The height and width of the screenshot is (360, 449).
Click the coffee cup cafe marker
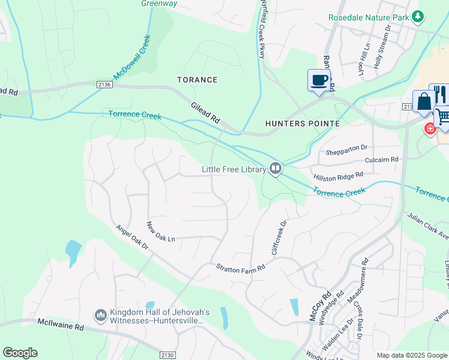coord(319,80)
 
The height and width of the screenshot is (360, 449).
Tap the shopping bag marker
coord(424,101)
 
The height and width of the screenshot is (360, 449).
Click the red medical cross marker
coord(430,128)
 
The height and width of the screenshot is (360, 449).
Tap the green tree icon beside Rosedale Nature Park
coord(419,17)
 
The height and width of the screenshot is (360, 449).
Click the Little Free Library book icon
coord(276,169)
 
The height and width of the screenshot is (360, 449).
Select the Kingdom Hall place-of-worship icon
coord(100,315)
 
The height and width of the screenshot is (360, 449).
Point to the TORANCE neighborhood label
coord(197,80)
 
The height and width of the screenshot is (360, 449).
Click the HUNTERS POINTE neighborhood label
coord(303,124)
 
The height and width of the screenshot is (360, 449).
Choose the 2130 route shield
coord(168,355)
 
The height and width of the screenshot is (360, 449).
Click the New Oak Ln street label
coord(160,232)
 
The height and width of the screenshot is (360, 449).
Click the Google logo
coord(20,353)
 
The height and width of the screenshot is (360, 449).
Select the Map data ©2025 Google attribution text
coord(411,355)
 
